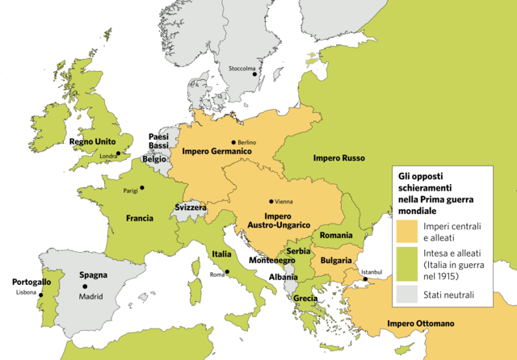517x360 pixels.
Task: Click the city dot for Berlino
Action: (x=233, y=142)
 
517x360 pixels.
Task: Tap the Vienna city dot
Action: (x=271, y=201)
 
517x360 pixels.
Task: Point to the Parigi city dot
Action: (x=142, y=188)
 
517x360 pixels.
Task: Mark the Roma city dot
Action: (x=228, y=272)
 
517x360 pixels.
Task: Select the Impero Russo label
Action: (x=339, y=157)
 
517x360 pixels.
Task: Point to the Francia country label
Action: (x=140, y=218)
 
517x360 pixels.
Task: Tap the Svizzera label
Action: (x=191, y=207)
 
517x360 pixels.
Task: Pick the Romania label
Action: (x=336, y=235)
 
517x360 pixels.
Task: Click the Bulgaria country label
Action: (x=336, y=260)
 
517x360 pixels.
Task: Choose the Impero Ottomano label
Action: (x=420, y=324)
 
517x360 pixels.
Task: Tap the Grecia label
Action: (x=306, y=298)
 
